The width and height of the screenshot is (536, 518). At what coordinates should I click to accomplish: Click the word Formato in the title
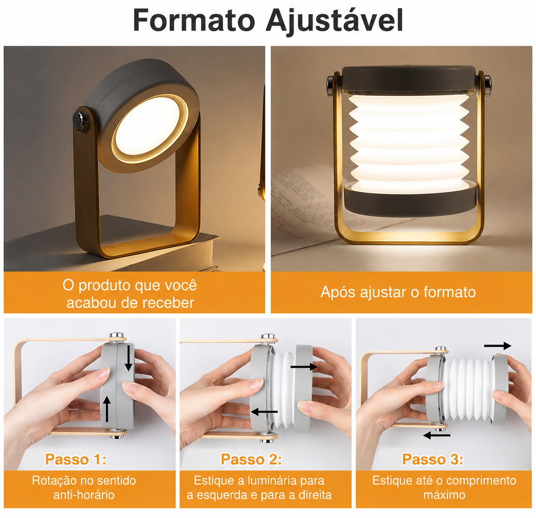[x=194, y=20]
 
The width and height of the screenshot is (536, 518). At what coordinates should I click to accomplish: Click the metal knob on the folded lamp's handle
[x=81, y=119]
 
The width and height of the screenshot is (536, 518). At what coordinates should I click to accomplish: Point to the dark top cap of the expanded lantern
[x=409, y=78]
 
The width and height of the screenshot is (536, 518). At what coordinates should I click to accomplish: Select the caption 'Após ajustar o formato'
[x=398, y=292]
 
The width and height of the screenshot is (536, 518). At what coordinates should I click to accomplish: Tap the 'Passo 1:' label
[x=76, y=459]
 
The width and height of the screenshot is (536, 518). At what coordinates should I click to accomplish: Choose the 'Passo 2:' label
[x=252, y=459]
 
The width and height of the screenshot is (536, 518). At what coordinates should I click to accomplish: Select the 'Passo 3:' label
[x=433, y=459]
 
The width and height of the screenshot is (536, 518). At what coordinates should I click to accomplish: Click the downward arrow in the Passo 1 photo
[x=129, y=358]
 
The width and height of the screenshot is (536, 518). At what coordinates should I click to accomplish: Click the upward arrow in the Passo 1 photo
[x=107, y=409]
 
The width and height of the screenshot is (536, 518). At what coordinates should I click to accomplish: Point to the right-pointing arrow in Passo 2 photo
[x=304, y=367]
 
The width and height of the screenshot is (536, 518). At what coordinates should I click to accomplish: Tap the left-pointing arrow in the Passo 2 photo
[x=264, y=412]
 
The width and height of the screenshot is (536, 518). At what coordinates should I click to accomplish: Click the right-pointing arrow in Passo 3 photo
[x=498, y=346]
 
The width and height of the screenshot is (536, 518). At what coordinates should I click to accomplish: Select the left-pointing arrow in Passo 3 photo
[x=437, y=436]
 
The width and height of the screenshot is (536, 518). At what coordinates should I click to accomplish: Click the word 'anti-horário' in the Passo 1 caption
[x=84, y=495]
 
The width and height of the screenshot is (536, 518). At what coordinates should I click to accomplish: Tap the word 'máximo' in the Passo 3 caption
[x=444, y=495]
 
